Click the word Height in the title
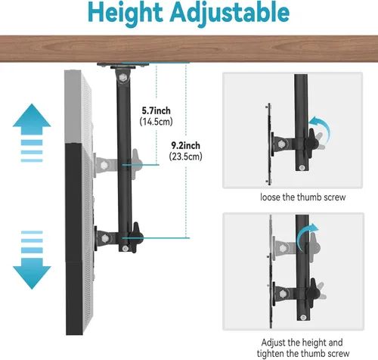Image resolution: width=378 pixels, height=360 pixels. coord(125,13)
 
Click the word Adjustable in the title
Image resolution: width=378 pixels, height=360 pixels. coord(230,13)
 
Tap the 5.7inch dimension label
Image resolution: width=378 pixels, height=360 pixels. coord(156,110)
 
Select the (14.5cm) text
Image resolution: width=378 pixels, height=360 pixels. coord(156,122)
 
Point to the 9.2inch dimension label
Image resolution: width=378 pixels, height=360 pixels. coord(186,145)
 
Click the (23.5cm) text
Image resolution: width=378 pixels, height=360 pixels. coord(186,157)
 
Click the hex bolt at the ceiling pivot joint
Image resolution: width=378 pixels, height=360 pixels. coord(123,77)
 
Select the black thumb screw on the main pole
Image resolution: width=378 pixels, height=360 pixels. coord(137,237)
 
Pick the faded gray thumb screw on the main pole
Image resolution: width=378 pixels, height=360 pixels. coord(136,164)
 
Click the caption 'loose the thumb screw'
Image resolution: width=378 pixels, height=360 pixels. coord(303,197)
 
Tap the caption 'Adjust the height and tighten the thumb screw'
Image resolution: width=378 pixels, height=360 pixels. coord(303,348)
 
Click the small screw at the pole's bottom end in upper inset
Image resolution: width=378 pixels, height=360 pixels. coord(302,167)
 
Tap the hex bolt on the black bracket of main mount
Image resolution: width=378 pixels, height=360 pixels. coord(104,238)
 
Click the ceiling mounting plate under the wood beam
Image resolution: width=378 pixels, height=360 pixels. coord(123,65)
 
